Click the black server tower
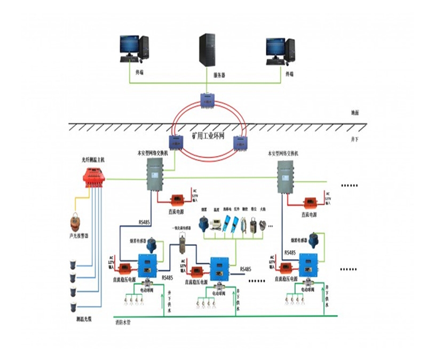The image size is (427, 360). [207, 50]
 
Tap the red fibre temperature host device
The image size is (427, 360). [95, 177]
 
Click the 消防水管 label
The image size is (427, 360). [123, 322]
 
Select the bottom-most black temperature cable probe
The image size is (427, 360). [74, 306]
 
